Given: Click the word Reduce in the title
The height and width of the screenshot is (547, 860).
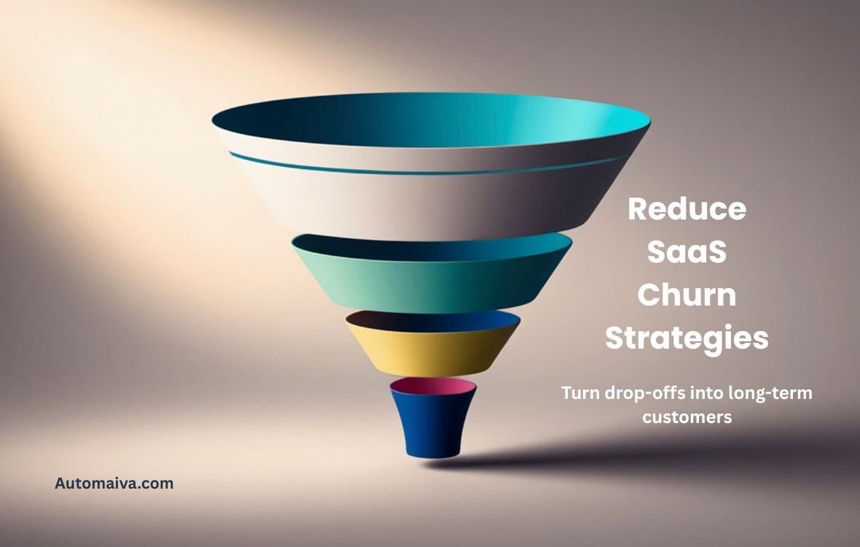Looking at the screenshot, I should [687, 209].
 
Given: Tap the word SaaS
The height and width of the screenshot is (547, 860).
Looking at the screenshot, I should [687, 252].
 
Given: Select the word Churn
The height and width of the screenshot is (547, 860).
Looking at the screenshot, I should [687, 295].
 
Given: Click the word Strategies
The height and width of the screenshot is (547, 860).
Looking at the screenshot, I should [687, 338].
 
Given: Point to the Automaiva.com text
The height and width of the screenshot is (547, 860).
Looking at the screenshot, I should [114, 483].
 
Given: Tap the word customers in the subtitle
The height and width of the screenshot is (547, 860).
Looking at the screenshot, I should [686, 418].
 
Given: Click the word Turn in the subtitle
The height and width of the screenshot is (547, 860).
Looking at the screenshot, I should [580, 393].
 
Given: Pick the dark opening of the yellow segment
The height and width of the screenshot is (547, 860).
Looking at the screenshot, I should [433, 321].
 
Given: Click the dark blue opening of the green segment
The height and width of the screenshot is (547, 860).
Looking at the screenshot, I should [433, 247].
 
